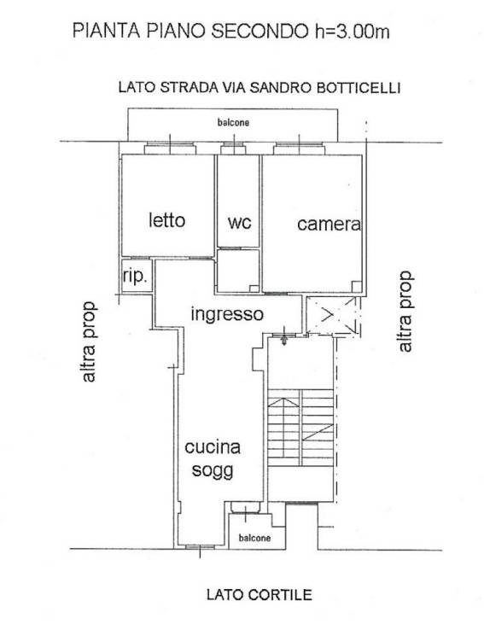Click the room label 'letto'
click(166, 220)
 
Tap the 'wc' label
click(239, 222)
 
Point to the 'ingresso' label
click(226, 313)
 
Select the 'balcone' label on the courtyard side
click(254, 538)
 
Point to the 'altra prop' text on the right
click(405, 312)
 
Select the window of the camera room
click(299, 149)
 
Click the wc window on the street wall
click(233, 149)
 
